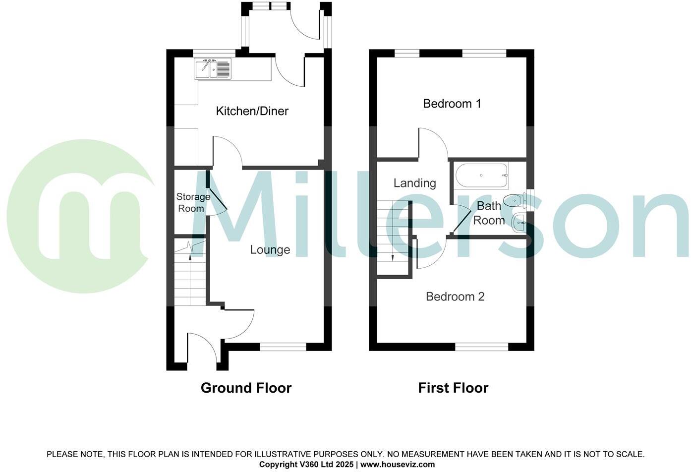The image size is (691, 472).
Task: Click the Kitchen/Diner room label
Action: [252, 111]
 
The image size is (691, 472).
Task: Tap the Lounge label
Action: [270, 249]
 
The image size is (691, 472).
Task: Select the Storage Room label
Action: [193, 202]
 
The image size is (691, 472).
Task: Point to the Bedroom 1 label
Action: [452, 104]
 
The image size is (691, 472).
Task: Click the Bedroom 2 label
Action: [455, 296]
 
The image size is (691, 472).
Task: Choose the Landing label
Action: [414, 183]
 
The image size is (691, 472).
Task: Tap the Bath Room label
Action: [489, 213]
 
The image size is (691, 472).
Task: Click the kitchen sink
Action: [213, 69]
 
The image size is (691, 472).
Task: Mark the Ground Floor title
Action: [246, 388]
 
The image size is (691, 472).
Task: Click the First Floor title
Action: [453, 388]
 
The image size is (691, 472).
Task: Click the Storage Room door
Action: [217, 197]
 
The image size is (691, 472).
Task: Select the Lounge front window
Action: [283, 347]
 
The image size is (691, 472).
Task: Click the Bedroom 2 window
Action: [481, 347]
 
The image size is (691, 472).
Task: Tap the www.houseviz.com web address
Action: [398, 465]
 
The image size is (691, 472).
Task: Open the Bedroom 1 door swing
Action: [433, 143]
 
